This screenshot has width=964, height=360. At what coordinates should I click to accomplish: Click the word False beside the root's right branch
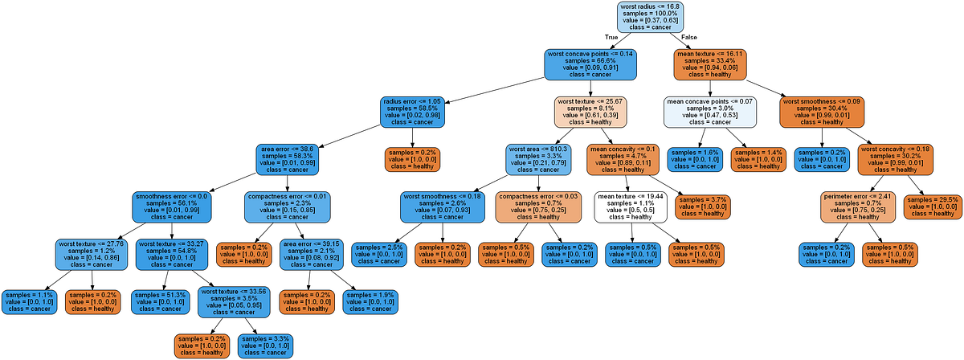click(689, 37)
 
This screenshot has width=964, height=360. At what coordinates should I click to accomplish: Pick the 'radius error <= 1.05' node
click(413, 112)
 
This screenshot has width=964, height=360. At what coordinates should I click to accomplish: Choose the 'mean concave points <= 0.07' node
click(710, 112)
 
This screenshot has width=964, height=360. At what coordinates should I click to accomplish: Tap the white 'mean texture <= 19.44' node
click(631, 207)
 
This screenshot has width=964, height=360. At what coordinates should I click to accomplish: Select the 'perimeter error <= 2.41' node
click(857, 207)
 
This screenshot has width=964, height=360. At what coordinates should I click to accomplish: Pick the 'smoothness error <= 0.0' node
click(171, 207)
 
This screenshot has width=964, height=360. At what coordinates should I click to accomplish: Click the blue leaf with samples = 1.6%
click(696, 159)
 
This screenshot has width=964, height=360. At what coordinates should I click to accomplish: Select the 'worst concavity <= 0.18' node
click(895, 159)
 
